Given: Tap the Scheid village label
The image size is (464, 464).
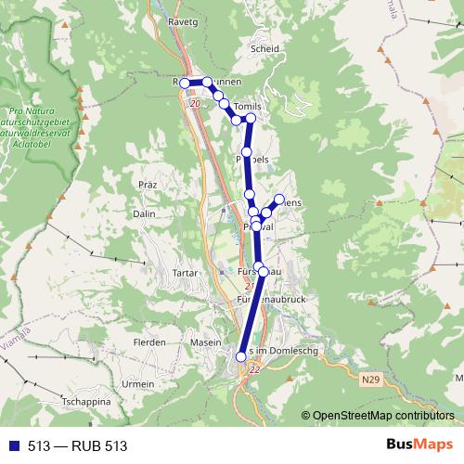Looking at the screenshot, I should [264, 50].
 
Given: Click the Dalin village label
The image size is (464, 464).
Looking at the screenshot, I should [144, 213].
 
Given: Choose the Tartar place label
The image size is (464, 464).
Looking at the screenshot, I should [186, 274].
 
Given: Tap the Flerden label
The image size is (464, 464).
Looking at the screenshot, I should [149, 342].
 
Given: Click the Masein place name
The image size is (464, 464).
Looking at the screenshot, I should [205, 342].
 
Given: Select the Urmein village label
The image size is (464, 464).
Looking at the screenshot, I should [138, 383].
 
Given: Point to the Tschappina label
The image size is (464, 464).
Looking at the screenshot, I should [85, 402].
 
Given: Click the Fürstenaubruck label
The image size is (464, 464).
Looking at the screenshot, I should [264, 300].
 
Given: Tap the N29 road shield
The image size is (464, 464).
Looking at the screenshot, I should [371, 380].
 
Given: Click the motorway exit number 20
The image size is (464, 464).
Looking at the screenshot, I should [193, 104].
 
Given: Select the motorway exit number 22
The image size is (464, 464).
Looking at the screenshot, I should [255, 370].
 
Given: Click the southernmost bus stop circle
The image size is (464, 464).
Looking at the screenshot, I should [241, 356].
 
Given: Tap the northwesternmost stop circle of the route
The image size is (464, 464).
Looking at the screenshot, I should [185, 84].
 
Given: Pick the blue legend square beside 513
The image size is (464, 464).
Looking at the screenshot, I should [14, 446].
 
